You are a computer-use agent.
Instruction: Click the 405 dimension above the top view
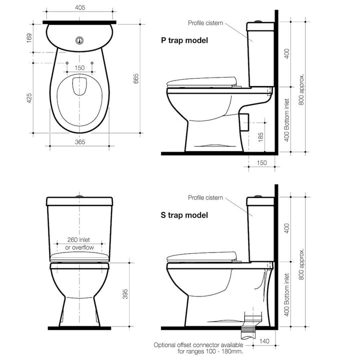[x=80, y=7]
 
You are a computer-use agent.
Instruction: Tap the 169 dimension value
[x=29, y=38]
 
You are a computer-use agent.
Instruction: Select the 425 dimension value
[x=29, y=98]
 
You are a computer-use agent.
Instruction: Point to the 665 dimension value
[x=136, y=78]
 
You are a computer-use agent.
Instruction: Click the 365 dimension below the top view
[x=80, y=142]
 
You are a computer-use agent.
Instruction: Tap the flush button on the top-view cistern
[x=79, y=40]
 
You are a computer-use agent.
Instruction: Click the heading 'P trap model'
[x=184, y=40]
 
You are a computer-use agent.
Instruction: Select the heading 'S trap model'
[x=184, y=215]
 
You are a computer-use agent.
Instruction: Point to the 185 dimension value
[x=260, y=137]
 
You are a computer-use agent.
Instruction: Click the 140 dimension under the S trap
[x=264, y=341]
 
